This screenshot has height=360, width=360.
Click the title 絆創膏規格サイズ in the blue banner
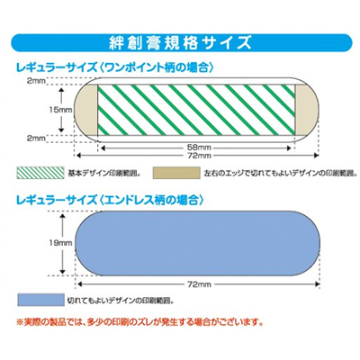point(180,43)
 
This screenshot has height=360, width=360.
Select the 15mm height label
point(60,110)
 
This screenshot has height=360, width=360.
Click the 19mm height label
point(60,243)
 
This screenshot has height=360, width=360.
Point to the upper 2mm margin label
point(36,81)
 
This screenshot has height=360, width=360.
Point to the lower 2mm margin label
point(36,139)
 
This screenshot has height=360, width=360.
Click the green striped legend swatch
point(40,173)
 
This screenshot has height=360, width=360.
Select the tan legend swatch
point(176,173)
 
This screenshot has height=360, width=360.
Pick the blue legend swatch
point(40,300)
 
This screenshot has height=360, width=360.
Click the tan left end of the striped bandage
point(86,110)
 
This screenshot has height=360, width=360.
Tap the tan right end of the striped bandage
point(307,110)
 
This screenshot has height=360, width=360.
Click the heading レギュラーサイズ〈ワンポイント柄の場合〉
point(114,67)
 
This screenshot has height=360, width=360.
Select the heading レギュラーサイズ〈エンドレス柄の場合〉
point(110,200)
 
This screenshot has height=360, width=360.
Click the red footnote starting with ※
point(139,323)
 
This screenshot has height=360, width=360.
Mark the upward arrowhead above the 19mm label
point(62,216)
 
